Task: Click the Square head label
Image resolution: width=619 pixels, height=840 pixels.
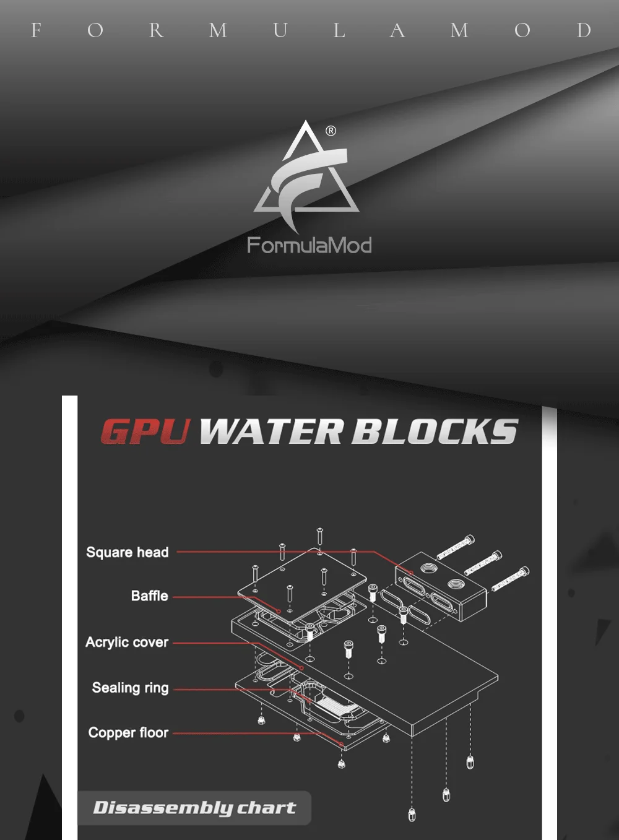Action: (128, 552)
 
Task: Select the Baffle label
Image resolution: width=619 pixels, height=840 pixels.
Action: (150, 596)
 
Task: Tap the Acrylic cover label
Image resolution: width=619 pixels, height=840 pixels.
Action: (127, 643)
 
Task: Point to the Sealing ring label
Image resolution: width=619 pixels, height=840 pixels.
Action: (130, 688)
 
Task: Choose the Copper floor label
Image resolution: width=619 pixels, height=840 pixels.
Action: (128, 732)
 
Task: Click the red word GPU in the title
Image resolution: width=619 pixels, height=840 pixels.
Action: (145, 431)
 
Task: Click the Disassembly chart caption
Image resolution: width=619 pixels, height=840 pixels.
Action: (194, 808)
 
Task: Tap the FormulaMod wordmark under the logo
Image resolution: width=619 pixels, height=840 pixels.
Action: (309, 245)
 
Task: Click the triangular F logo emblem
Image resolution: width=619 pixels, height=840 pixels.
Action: (306, 176)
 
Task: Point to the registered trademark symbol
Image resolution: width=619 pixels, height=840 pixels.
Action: (331, 131)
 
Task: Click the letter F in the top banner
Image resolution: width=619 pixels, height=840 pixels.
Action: (36, 30)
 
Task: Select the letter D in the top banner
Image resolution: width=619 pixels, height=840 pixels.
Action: (584, 30)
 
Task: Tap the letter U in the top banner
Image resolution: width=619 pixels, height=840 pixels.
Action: (280, 30)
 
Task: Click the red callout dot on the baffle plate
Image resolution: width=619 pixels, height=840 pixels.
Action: (279, 612)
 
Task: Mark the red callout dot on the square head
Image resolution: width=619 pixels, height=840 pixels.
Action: (411, 573)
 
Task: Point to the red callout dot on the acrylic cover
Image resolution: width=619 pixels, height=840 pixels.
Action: (301, 668)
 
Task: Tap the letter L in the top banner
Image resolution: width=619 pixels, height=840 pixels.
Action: (339, 30)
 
